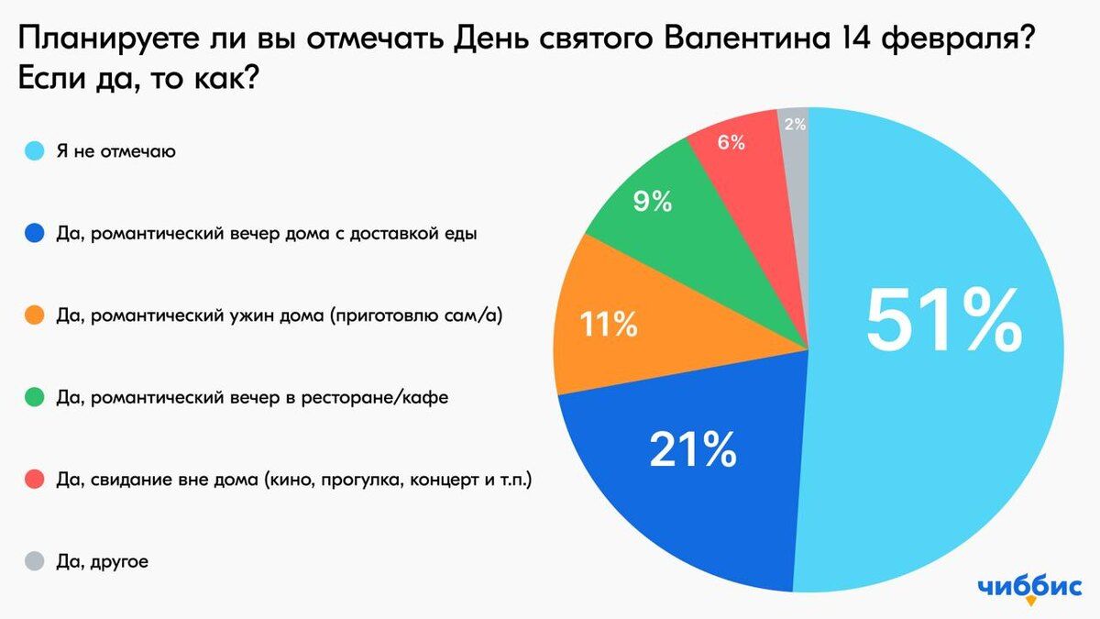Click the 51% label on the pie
point(944,321)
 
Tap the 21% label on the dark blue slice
point(693,448)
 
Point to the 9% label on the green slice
point(653,201)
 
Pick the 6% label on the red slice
point(731,143)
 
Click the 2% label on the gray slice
point(796,124)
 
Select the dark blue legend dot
point(35,234)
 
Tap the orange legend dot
point(35,316)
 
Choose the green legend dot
point(35,398)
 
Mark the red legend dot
point(35,480)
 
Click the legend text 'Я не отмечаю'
point(116,151)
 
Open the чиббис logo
point(1029,588)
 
